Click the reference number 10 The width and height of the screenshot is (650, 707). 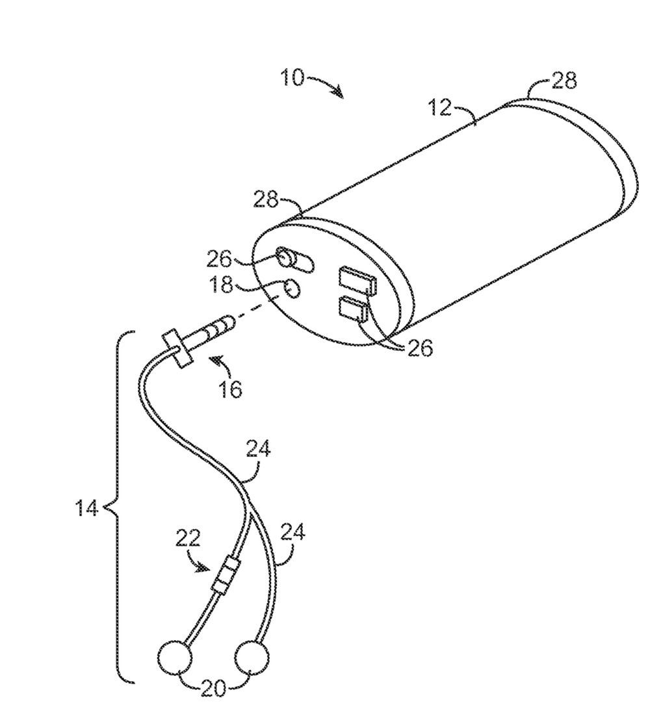(292, 79)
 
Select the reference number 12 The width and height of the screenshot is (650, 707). (440, 107)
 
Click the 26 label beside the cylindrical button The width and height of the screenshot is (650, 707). (220, 260)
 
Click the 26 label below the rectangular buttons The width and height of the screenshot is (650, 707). (421, 349)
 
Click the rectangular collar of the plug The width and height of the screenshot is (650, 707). (177, 348)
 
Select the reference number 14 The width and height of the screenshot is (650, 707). (86, 508)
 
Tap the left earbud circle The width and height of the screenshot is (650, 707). (175, 659)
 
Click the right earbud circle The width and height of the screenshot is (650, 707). (253, 660)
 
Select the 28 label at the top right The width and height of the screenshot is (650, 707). (564, 81)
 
